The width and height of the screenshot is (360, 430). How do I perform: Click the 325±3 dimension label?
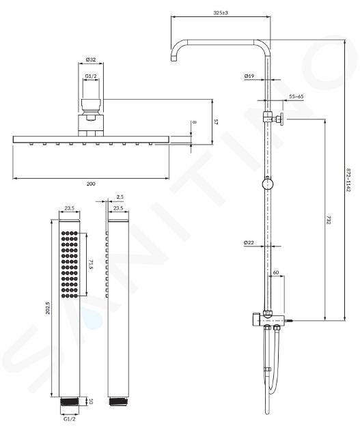[x=221, y=12]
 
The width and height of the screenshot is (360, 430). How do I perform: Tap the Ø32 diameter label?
[x=91, y=59]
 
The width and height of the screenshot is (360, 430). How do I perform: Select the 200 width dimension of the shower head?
[x=91, y=184]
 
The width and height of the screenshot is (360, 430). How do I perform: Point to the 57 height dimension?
[x=216, y=121]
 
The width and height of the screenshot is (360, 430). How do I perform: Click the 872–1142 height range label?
[x=348, y=180]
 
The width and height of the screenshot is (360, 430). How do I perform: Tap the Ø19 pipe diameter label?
[x=249, y=76]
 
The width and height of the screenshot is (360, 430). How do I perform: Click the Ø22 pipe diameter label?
[x=249, y=242]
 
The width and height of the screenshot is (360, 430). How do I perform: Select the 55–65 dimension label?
[x=296, y=96]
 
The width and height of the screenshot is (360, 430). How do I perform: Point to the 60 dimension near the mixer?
[x=276, y=272]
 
